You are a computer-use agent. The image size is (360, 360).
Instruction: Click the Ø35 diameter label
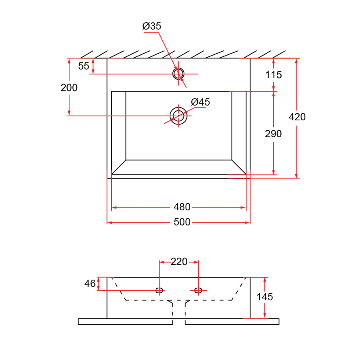point(152,26)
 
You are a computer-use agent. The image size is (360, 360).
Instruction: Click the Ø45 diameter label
point(200,102)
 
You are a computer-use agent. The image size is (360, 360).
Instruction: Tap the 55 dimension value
point(84,66)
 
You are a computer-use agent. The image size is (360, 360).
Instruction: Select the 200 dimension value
point(69,88)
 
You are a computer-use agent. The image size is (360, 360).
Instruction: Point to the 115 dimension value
point(274,74)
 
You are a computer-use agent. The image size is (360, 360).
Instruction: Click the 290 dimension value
point(274,134)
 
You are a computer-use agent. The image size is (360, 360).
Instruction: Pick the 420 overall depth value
point(297,117)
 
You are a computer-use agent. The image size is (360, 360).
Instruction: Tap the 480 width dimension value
point(182,207)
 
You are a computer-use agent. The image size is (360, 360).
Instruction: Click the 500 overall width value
point(182,222)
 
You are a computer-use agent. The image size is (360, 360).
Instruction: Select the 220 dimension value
point(179,262)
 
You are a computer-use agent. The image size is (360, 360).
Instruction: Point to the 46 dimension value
point(90,284)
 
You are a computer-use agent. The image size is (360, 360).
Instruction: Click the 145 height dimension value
point(265,297)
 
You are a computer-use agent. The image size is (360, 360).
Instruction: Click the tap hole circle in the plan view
point(178,74)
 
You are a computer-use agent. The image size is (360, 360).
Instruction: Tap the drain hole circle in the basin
point(178,116)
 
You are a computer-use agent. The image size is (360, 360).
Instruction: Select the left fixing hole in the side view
point(159,290)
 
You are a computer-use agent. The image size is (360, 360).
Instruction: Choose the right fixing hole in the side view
point(198,290)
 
